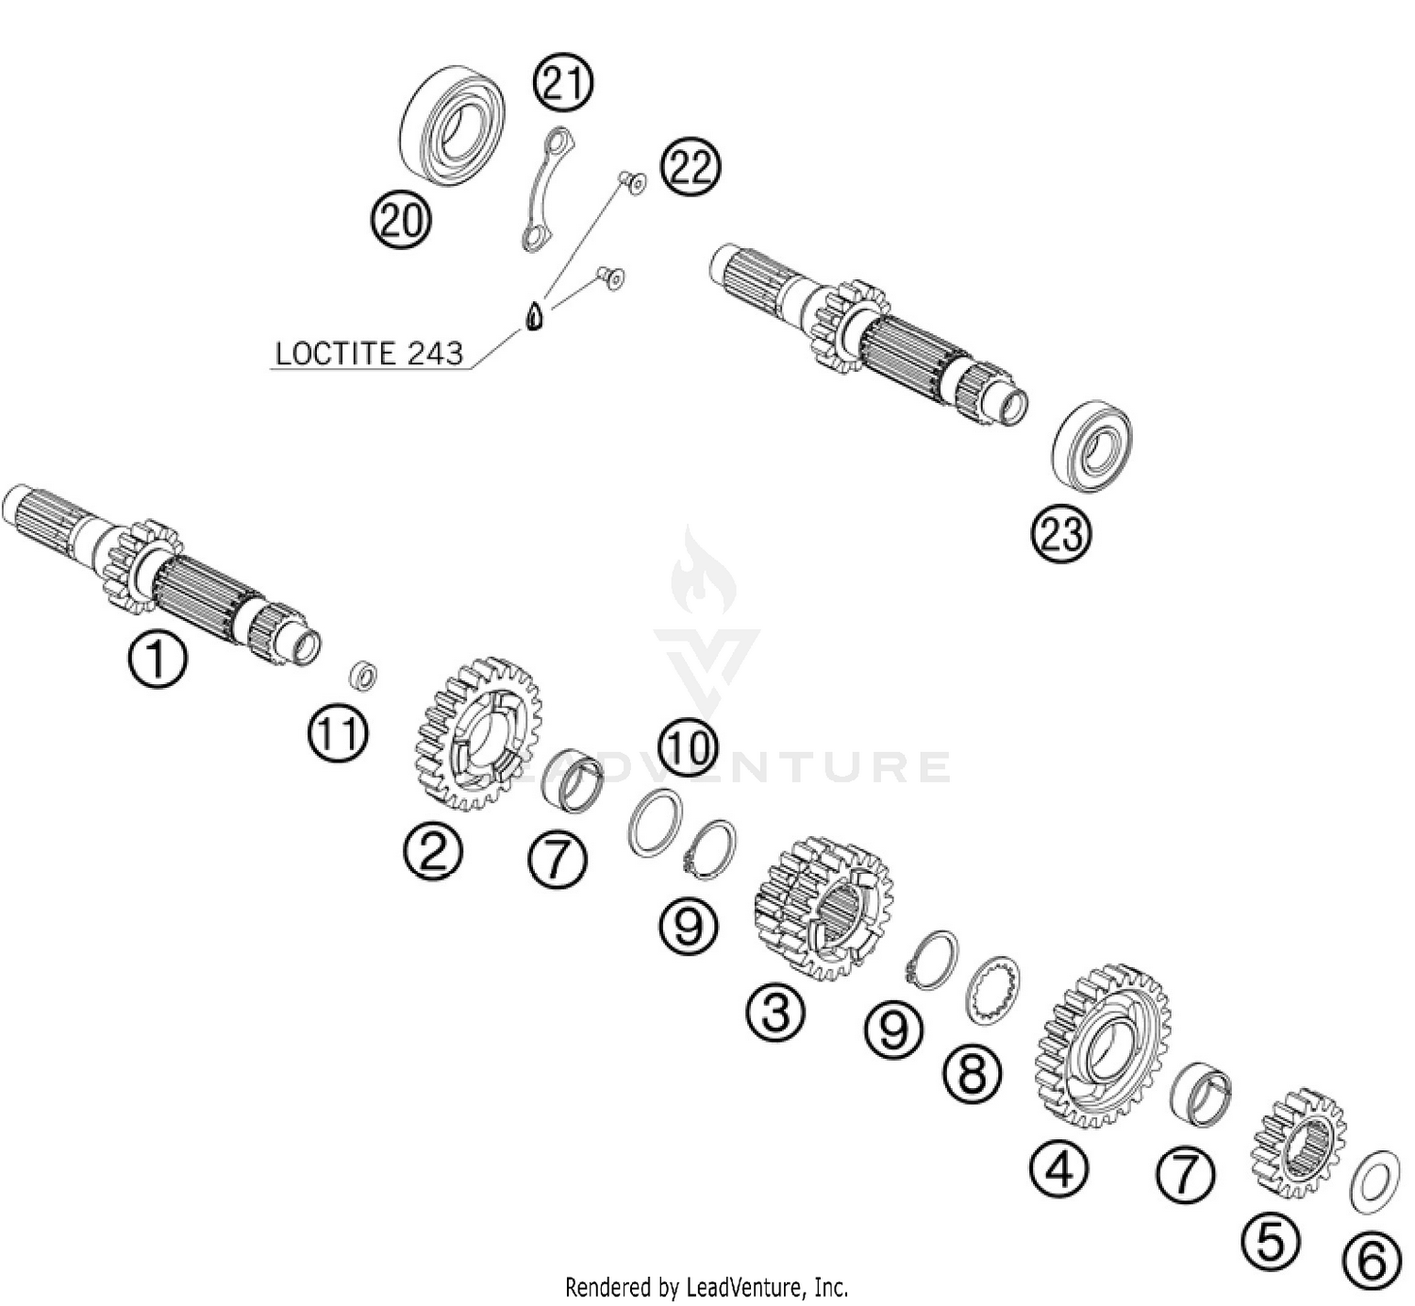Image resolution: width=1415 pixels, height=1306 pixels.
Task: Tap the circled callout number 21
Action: [563, 82]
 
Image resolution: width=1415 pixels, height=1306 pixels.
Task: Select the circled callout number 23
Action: [1060, 534]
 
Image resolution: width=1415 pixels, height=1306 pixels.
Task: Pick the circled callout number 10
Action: [688, 747]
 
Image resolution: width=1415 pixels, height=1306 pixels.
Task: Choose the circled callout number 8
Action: [972, 1074]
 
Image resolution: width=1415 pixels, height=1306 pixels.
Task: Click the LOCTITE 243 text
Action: [369, 354]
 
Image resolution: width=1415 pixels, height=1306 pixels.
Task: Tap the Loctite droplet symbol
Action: [534, 317]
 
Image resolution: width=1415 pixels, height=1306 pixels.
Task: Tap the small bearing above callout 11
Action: [363, 675]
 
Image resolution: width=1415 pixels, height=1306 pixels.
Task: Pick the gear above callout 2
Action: [477, 733]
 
